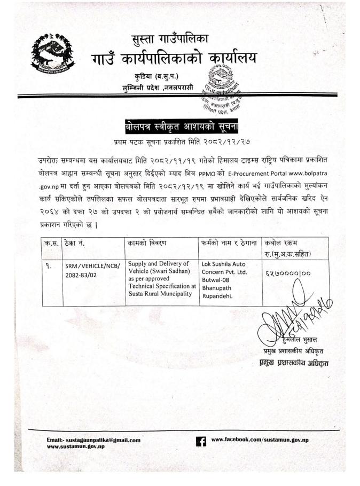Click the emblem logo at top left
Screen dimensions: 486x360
tap(52, 53)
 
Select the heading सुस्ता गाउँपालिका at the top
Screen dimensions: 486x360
tap(171, 39)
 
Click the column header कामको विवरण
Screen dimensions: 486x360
tap(147, 243)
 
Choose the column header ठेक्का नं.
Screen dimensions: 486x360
tap(74, 243)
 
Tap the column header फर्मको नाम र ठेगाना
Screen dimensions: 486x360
tap(230, 243)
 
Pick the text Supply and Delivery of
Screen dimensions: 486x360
tap(158, 264)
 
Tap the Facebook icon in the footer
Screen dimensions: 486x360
tap(201, 441)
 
